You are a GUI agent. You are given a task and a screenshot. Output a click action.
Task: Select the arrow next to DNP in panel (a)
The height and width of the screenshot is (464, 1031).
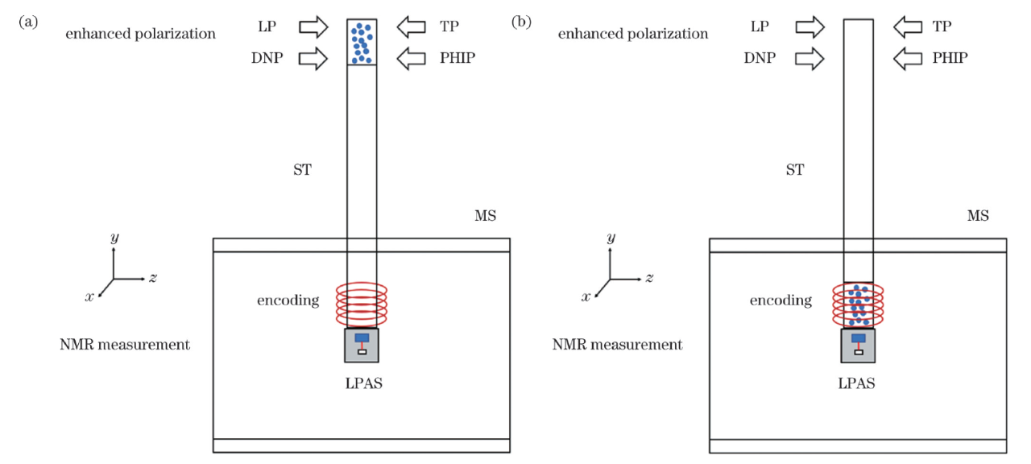[313, 58]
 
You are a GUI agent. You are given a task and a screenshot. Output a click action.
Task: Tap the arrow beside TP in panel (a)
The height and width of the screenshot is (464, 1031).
[412, 27]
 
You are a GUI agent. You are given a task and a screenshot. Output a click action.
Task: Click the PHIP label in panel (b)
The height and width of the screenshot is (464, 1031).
[950, 58]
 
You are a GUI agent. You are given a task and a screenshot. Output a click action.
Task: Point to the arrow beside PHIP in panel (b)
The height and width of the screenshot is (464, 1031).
[908, 58]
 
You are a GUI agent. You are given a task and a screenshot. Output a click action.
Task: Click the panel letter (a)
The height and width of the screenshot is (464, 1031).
[28, 23]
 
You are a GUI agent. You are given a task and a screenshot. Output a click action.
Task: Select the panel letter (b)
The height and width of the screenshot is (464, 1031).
[521, 23]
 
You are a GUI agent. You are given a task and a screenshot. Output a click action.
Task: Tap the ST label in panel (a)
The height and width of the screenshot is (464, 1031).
[302, 170]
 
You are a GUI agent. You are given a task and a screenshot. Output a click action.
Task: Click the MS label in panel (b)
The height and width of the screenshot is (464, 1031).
[978, 216]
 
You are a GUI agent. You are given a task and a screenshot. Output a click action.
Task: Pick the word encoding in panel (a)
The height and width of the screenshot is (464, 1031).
[288, 300]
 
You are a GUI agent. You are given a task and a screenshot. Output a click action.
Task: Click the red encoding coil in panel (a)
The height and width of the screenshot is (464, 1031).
[362, 303]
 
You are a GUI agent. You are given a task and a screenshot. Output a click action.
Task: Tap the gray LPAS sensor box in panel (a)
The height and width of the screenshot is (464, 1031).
[362, 345]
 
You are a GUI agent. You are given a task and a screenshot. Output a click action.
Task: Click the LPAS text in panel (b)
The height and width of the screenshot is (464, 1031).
[855, 383]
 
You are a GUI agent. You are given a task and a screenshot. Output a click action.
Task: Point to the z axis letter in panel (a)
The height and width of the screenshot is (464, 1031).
[152, 278]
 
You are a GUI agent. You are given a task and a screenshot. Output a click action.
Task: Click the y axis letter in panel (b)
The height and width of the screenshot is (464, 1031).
[611, 238]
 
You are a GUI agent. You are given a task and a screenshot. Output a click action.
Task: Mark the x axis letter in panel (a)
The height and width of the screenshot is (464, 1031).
[89, 296]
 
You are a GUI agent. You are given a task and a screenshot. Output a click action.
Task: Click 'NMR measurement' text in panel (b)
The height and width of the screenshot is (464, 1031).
[617, 345]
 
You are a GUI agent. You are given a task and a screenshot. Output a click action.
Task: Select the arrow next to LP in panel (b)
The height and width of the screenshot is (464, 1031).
[809, 27]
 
